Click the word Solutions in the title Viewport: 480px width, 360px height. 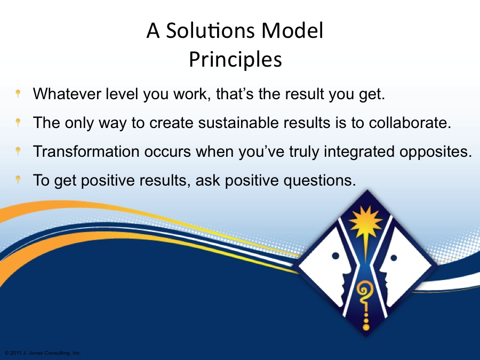click(x=210, y=30)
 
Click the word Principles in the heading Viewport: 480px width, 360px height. click(x=235, y=59)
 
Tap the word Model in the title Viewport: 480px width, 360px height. click(x=292, y=30)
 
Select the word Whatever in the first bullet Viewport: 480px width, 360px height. click(x=67, y=94)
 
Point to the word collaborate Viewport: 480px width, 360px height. click(x=410, y=123)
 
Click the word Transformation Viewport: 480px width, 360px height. click(x=86, y=151)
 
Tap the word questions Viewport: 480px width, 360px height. click(x=319, y=181)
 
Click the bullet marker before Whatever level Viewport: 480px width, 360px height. click(x=18, y=93)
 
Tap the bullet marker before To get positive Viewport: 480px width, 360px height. click(x=18, y=179)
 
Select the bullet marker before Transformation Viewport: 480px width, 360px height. click(x=18, y=150)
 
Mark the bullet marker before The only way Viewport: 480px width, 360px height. click(x=18, y=122)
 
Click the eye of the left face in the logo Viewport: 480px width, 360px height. click(x=335, y=255)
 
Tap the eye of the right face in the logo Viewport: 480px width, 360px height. click(x=394, y=258)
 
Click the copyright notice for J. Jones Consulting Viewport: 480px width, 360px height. click(x=43, y=353)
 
